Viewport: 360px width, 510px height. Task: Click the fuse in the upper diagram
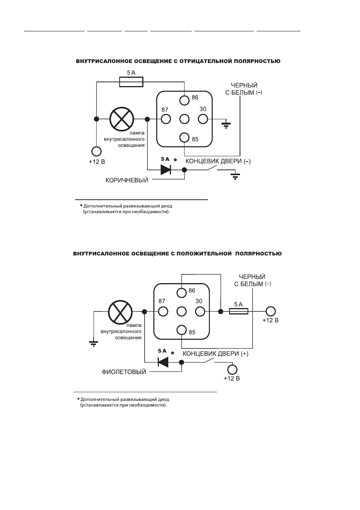click(131, 82)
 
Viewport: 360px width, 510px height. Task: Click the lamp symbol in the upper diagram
click(122, 119)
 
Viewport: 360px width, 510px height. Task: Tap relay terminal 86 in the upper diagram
click(184, 100)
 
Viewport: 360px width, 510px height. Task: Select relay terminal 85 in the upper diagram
click(184, 137)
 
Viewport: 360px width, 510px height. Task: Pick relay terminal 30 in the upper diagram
click(203, 119)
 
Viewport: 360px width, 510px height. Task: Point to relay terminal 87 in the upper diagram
click(166, 119)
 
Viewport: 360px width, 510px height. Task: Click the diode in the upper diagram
click(166, 169)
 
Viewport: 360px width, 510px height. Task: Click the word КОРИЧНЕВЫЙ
click(127, 180)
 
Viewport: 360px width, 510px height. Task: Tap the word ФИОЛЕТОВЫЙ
click(124, 372)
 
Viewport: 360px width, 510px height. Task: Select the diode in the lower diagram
click(163, 362)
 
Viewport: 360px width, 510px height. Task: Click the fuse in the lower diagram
click(238, 311)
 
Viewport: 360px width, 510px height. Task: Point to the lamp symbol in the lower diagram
click(120, 311)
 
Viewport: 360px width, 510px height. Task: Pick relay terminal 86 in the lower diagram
click(182, 293)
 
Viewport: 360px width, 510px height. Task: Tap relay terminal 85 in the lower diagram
click(182, 330)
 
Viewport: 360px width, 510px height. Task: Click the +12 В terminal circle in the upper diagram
click(96, 151)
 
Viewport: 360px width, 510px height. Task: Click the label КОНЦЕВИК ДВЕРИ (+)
click(215, 354)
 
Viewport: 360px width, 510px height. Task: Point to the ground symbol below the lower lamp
click(94, 344)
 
